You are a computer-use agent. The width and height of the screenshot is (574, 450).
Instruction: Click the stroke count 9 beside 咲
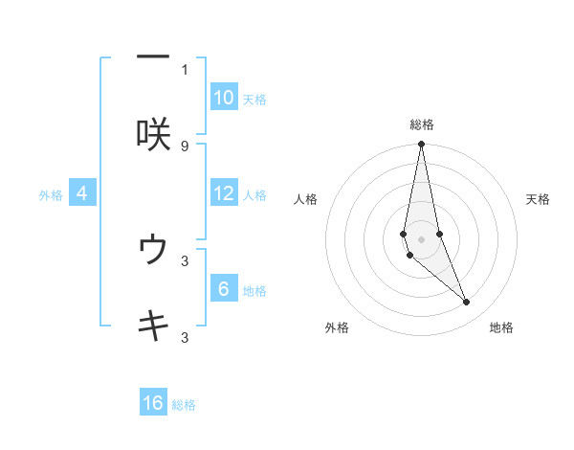(185, 146)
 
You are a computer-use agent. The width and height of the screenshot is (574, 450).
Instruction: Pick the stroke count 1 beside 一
(185, 69)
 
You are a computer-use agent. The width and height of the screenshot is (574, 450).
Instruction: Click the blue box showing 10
(224, 98)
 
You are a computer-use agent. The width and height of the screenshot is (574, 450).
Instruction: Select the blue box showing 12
(224, 193)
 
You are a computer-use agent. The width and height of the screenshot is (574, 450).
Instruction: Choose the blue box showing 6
(224, 289)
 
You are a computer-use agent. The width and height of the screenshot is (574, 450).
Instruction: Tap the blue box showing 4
(82, 193)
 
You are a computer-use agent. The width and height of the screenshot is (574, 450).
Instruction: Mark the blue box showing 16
(153, 403)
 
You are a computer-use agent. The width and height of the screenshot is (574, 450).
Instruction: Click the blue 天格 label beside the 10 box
(254, 100)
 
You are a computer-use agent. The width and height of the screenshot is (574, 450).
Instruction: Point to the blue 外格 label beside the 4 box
(51, 195)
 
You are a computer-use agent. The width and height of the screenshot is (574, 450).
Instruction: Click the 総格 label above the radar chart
(422, 124)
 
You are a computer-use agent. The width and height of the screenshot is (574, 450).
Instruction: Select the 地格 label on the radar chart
(501, 327)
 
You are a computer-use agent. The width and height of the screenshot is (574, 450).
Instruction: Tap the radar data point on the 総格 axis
(421, 145)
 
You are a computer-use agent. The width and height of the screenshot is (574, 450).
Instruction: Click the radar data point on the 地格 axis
(467, 303)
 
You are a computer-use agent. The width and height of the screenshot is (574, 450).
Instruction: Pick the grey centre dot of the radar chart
(421, 238)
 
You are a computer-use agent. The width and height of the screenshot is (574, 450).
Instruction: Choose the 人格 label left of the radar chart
(306, 199)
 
